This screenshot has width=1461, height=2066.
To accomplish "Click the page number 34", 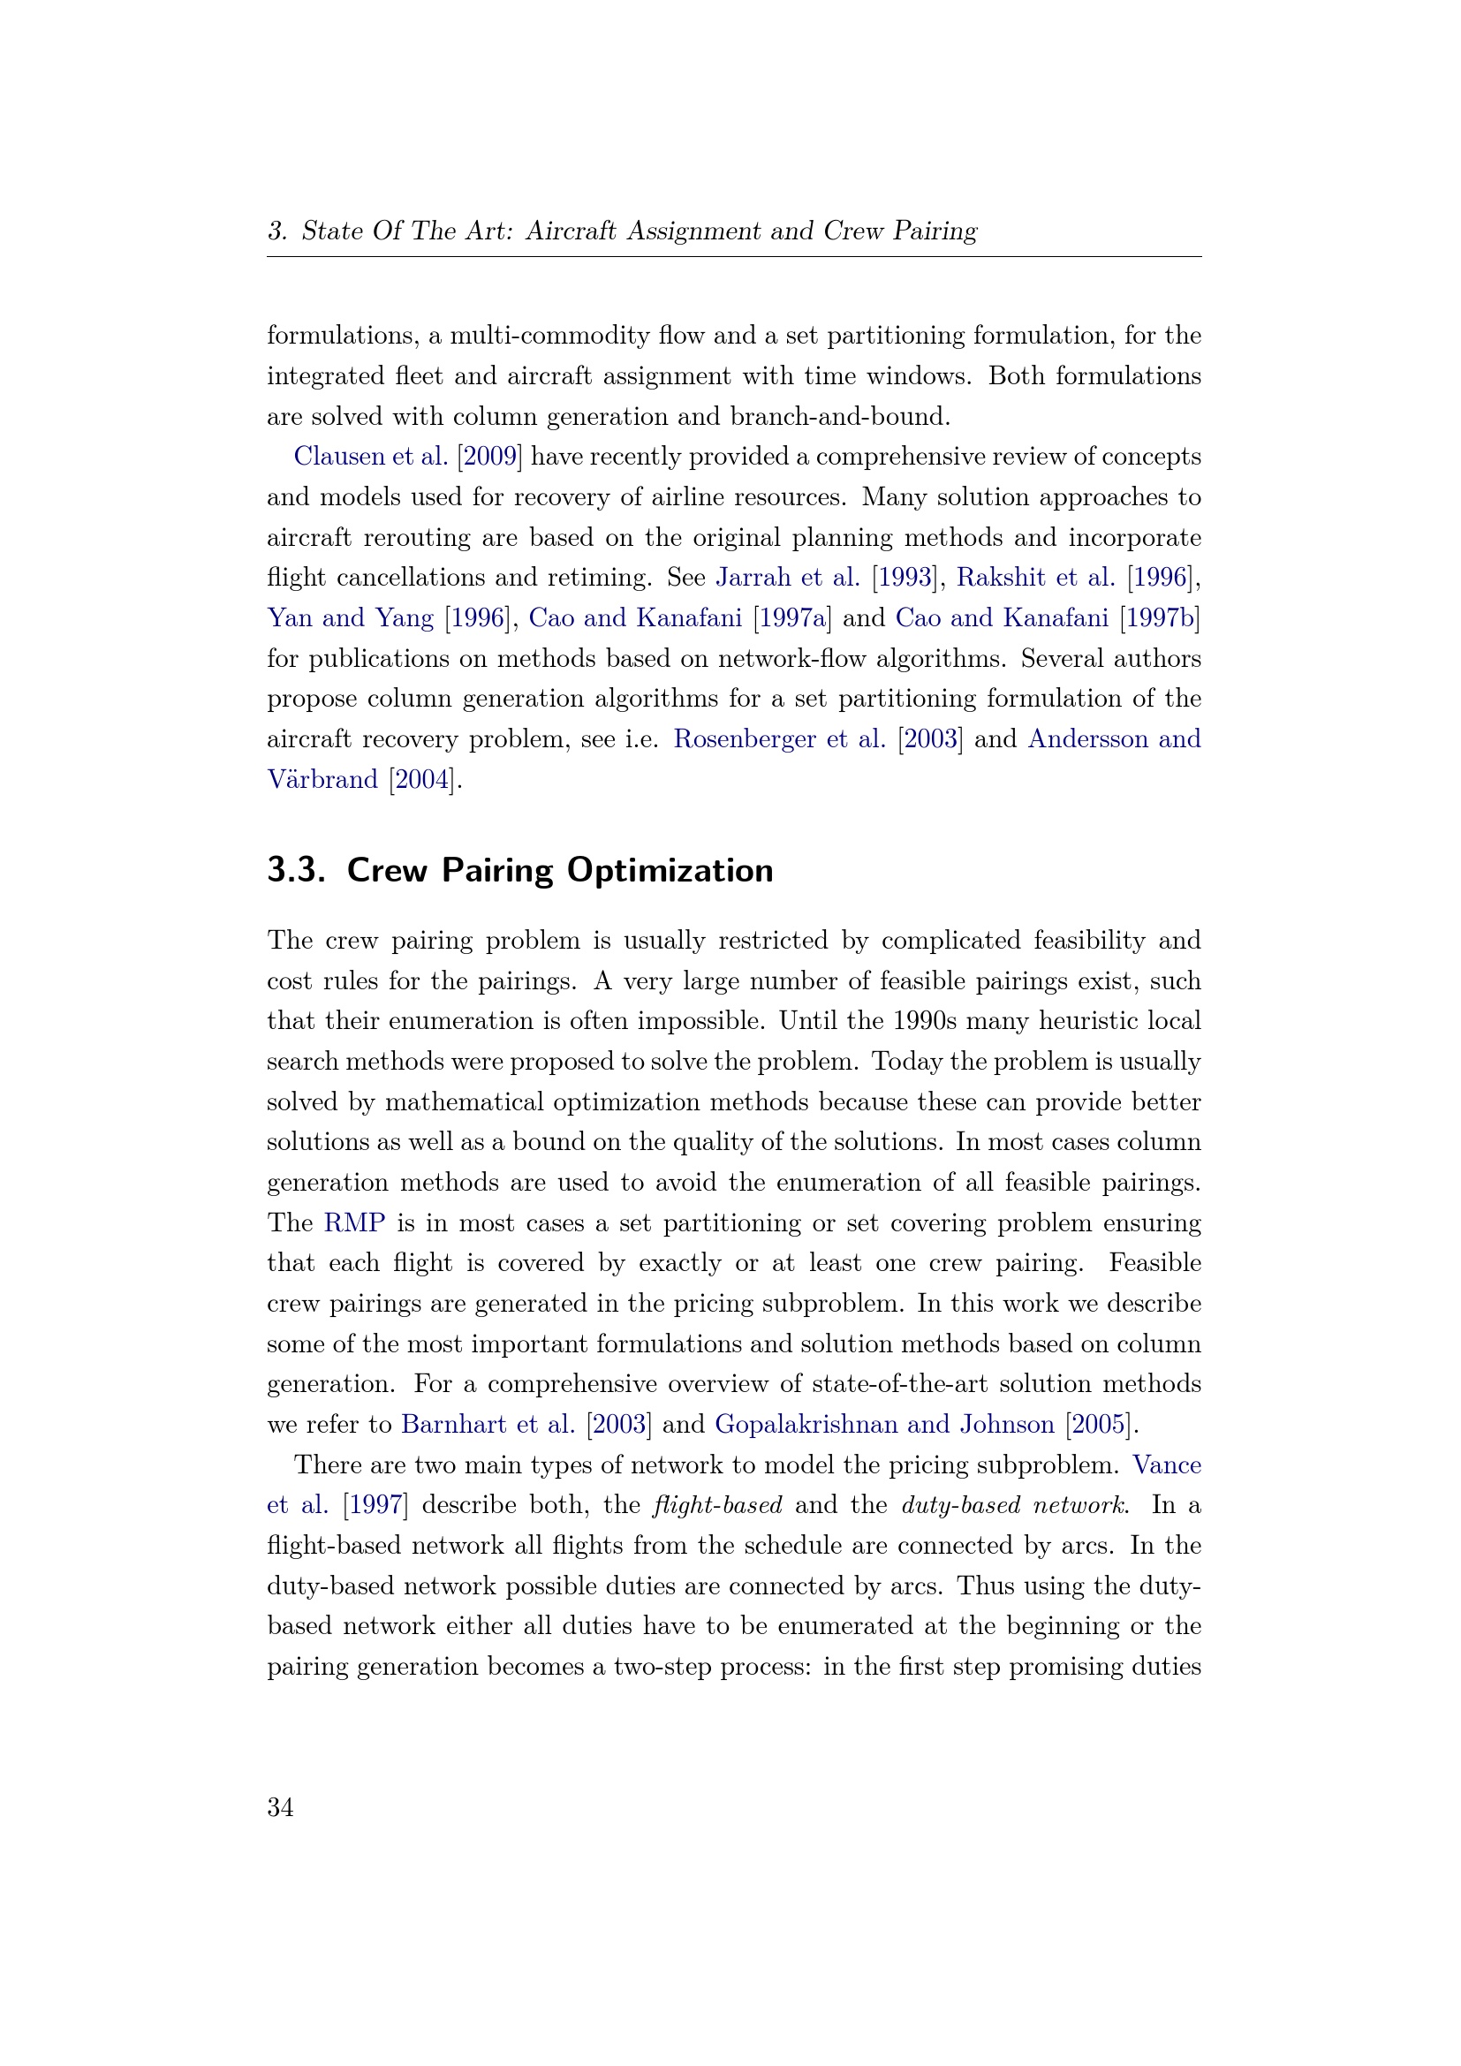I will pos(280,1807).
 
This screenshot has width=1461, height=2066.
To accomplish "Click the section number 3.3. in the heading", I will pos(296,870).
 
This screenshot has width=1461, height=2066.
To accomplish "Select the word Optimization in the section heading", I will pos(670,870).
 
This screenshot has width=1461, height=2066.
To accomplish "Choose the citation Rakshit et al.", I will pos(1034,577).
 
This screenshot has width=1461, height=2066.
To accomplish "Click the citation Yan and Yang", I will pos(350,617).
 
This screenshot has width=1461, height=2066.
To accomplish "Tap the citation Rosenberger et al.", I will pos(779,738).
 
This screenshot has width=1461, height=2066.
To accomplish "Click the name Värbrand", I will pos(322,779).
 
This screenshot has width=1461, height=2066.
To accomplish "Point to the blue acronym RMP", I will pos(354,1222).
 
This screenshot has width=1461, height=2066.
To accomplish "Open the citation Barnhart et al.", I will pos(488,1425).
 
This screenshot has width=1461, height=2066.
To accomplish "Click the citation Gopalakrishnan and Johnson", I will pos(884,1425).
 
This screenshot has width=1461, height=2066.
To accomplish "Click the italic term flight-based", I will pos(717,1505).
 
